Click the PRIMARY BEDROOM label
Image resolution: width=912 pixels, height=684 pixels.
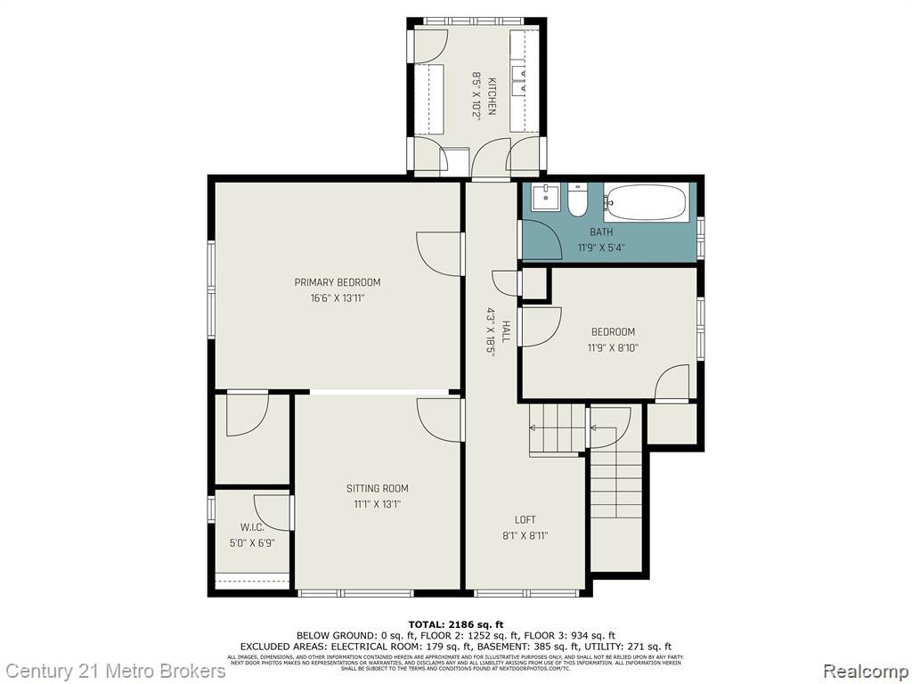[x=338, y=282]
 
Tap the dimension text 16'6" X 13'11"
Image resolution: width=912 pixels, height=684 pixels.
[x=338, y=298]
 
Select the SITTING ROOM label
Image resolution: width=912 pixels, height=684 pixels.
[x=378, y=488]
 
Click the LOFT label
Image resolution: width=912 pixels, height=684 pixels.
[x=525, y=519]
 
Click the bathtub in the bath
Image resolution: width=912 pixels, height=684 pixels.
[x=647, y=202]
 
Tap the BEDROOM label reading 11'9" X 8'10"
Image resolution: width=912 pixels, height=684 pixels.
[x=612, y=332]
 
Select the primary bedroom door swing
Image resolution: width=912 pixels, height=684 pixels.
[x=438, y=254]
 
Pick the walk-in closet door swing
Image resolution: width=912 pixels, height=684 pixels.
[x=273, y=512]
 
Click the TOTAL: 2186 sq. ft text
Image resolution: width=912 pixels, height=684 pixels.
[x=456, y=623]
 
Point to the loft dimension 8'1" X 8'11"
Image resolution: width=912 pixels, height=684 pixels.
[x=525, y=535]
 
